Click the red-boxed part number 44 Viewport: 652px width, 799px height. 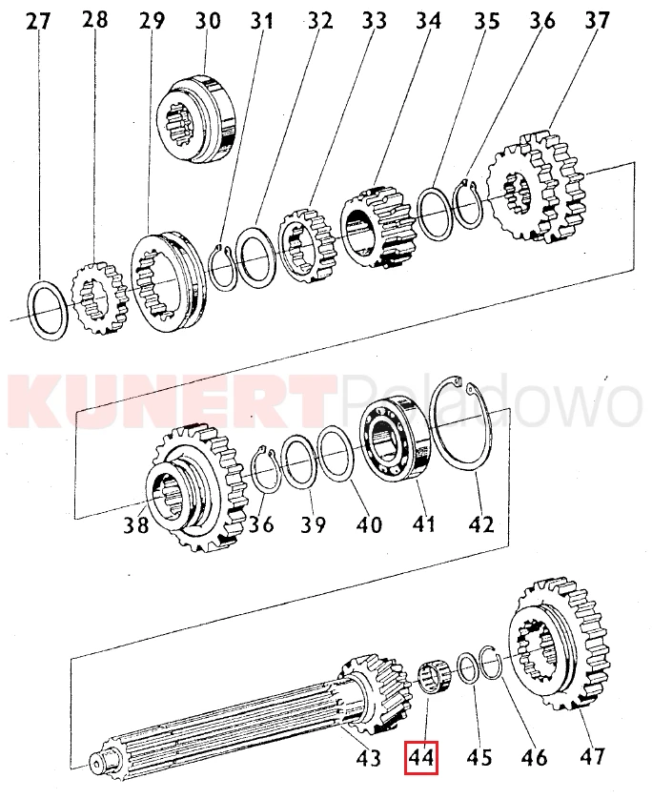click(421, 758)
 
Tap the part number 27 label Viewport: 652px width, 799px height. click(38, 21)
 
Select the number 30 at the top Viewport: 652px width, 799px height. click(208, 20)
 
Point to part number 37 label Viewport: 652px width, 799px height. click(597, 20)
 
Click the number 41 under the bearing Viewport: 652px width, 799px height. click(423, 523)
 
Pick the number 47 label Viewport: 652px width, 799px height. click(591, 756)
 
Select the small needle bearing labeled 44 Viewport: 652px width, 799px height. click(433, 677)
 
